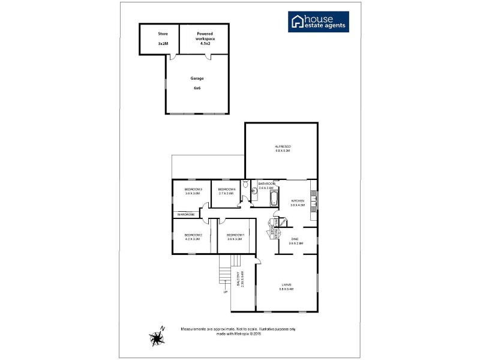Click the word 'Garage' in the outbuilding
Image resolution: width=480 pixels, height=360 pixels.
pyautogui.click(x=197, y=79)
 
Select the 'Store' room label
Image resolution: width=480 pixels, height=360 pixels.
pyautogui.click(x=163, y=34)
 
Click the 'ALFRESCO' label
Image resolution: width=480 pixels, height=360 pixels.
pyautogui.click(x=282, y=147)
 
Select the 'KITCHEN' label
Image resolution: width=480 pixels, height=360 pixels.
pyautogui.click(x=298, y=200)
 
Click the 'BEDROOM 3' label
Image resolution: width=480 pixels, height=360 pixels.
pyautogui.click(x=193, y=190)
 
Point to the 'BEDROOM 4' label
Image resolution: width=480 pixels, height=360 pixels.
pyautogui.click(x=226, y=190)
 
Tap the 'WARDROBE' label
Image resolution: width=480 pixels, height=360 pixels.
pyautogui.click(x=185, y=214)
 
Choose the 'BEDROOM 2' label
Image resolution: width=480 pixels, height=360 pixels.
pyautogui.click(x=192, y=235)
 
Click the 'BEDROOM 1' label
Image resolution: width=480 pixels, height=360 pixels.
pyautogui.click(x=234, y=235)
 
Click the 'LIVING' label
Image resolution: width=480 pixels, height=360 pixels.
pyautogui.click(x=285, y=284)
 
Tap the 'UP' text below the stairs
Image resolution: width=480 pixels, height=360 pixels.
pyautogui.click(x=226, y=293)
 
